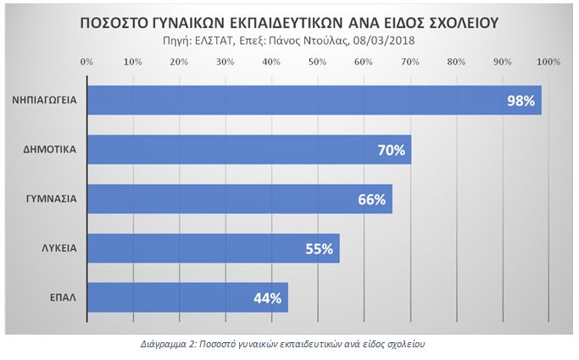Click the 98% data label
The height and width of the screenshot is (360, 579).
pyautogui.click(x=521, y=101)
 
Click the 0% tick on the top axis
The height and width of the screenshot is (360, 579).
pyautogui.click(x=86, y=62)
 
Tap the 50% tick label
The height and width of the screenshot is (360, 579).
pyautogui.click(x=317, y=62)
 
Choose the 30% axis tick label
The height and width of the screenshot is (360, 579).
pyautogui.click(x=225, y=62)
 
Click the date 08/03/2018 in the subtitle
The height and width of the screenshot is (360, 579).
pyautogui.click(x=387, y=41)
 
